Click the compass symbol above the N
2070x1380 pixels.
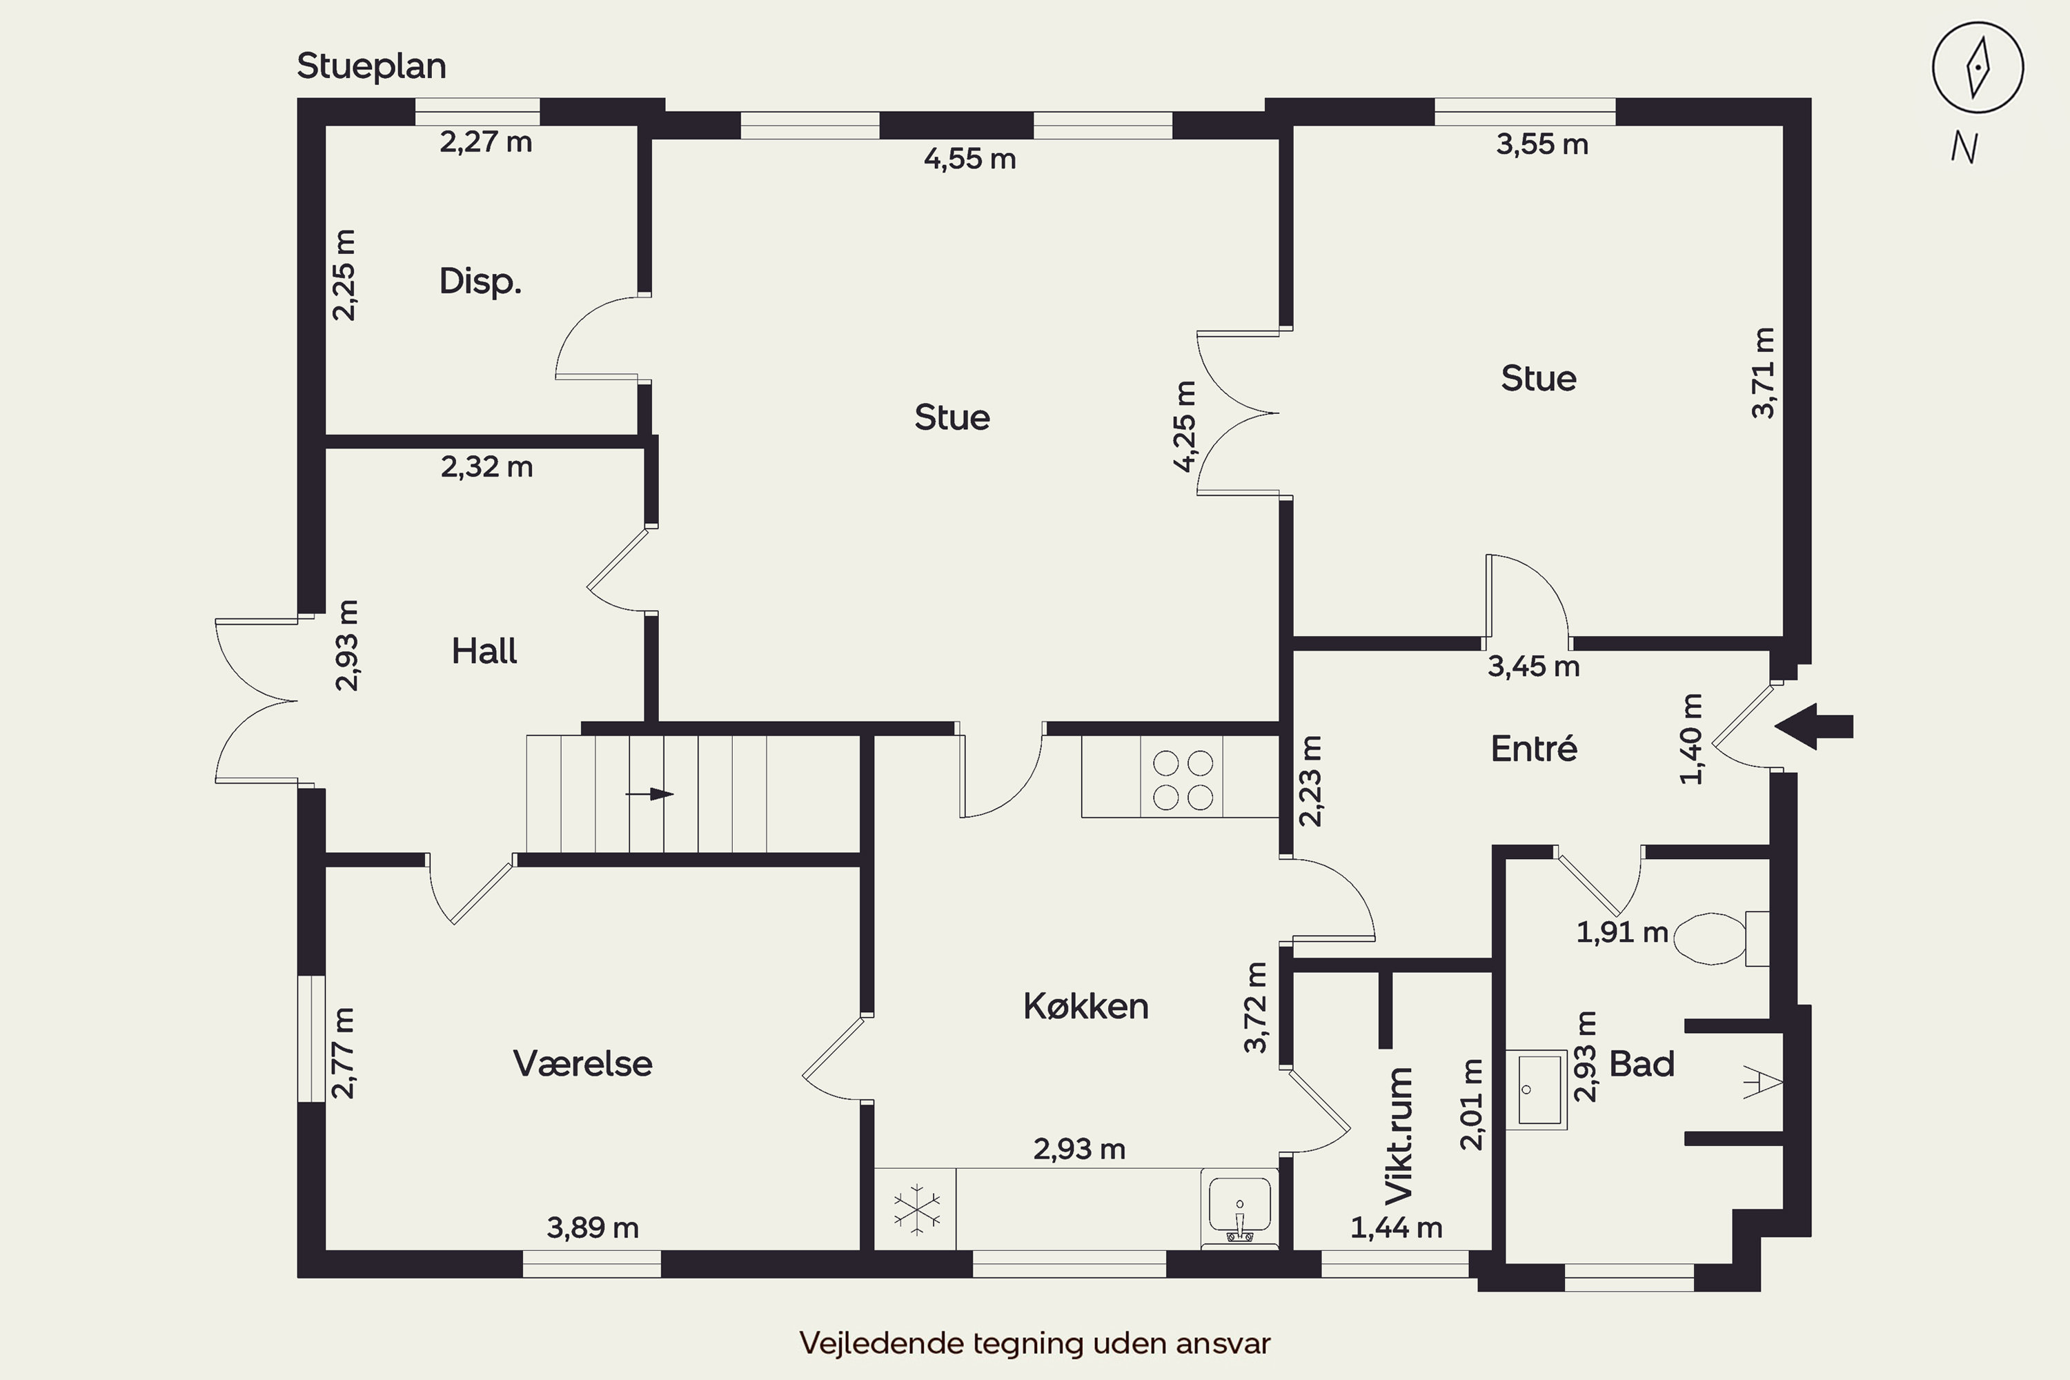point(1978,68)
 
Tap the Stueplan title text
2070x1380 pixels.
point(371,67)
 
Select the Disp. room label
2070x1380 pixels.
point(480,282)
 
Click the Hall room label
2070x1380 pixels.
point(484,651)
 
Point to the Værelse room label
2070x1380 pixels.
point(582,1064)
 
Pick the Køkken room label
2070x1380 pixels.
point(1086,1006)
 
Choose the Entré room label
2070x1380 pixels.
point(1534,748)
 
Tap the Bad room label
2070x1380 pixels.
point(1642,1064)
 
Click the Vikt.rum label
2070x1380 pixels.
point(1399,1135)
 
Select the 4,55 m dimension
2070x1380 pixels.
point(970,159)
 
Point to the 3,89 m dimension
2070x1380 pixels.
point(592,1228)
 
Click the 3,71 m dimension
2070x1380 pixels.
point(1763,373)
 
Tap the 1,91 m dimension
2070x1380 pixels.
point(1622,932)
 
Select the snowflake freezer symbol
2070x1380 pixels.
point(916,1210)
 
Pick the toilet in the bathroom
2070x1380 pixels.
point(1721,939)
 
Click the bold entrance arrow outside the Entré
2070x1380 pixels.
point(1814,727)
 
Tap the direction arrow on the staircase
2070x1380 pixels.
point(649,794)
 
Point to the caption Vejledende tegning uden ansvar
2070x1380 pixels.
point(1035,1344)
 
